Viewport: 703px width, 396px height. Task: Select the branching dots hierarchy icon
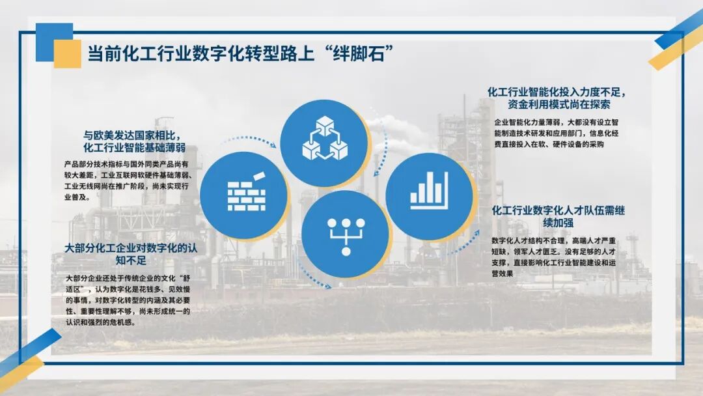346,234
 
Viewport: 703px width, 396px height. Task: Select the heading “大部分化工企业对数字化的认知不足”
131,254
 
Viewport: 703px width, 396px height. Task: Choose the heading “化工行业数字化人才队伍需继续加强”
558,216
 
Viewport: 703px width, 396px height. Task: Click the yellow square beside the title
67,54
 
